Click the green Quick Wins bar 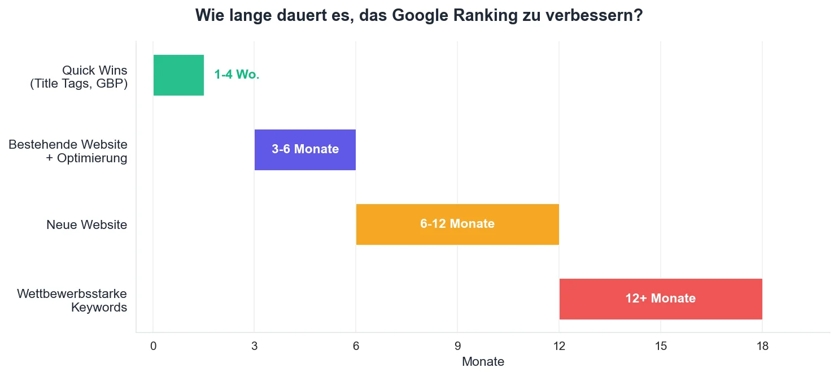(178, 75)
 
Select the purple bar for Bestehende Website (305, 150)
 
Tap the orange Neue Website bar (457, 224)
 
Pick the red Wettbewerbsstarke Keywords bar (661, 299)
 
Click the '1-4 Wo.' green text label (237, 75)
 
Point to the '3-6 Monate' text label (305, 150)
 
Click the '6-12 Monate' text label (457, 224)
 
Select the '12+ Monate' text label (660, 299)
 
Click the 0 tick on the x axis (153, 345)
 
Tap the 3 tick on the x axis (254, 345)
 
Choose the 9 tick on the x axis (457, 345)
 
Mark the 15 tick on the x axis (661, 345)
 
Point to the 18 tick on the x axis (762, 345)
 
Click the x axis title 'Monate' (483, 362)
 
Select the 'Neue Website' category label (86, 225)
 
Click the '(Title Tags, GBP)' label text (78, 84)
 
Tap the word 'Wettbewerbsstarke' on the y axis (72, 294)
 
